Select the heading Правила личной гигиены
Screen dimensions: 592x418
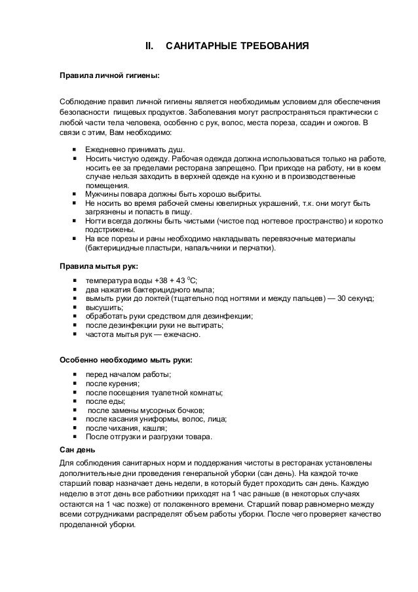pyautogui.click(x=109, y=75)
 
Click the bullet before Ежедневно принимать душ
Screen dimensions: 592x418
pyautogui.click(x=76, y=149)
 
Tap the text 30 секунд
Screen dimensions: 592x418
pyautogui.click(x=354, y=299)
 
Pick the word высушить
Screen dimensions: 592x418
pyautogui.click(x=104, y=307)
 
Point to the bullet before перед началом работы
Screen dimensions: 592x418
pyautogui.click(x=76, y=374)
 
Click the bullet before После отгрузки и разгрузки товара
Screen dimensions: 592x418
pyautogui.click(x=76, y=437)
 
